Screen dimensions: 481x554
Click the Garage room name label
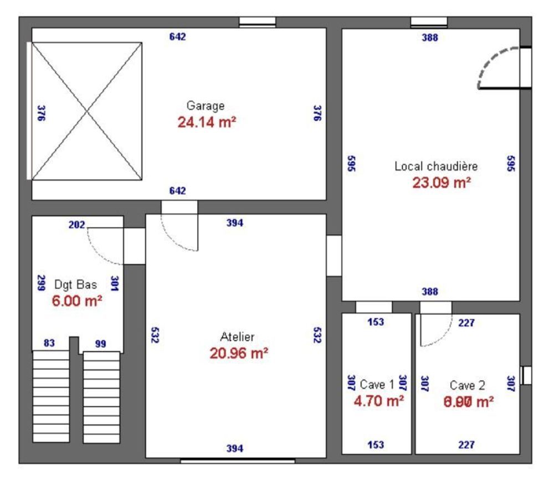click(206, 106)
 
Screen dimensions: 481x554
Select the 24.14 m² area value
click(207, 122)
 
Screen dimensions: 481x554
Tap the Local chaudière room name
click(436, 166)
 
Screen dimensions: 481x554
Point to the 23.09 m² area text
click(442, 183)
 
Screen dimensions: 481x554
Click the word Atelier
click(237, 337)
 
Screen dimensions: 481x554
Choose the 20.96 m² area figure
click(239, 353)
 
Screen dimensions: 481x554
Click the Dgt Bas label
click(76, 285)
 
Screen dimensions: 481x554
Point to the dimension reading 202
click(76, 225)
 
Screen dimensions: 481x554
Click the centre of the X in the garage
click(86, 111)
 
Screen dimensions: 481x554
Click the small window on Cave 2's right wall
click(526, 375)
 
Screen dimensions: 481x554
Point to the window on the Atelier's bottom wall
click(237, 460)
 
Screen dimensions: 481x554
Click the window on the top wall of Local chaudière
click(429, 23)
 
